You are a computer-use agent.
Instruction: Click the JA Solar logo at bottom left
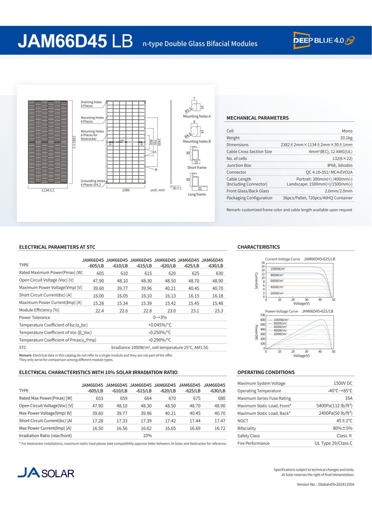click(46, 472)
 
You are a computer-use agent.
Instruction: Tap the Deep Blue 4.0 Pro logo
click(324, 40)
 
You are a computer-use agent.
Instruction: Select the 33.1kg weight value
click(346, 138)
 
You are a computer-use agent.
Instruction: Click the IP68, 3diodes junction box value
click(338, 165)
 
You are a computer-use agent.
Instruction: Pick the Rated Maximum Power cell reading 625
click(195, 273)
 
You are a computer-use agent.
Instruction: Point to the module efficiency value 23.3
click(219, 311)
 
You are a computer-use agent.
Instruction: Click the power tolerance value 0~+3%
click(160, 318)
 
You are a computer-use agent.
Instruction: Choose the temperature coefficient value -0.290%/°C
click(160, 340)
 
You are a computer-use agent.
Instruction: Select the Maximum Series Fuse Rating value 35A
click(349, 398)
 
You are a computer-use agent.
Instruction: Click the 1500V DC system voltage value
click(343, 383)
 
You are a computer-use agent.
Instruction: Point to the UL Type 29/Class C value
click(333, 443)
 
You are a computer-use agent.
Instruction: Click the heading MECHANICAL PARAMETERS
click(257, 118)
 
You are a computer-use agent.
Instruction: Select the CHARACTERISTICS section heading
click(259, 247)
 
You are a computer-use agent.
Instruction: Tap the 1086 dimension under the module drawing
click(126, 190)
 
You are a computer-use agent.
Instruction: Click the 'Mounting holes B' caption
click(197, 141)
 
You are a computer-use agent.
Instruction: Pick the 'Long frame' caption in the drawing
click(197, 194)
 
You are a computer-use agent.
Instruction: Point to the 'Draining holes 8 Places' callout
click(91, 104)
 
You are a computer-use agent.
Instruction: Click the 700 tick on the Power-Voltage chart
click(263, 315)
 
